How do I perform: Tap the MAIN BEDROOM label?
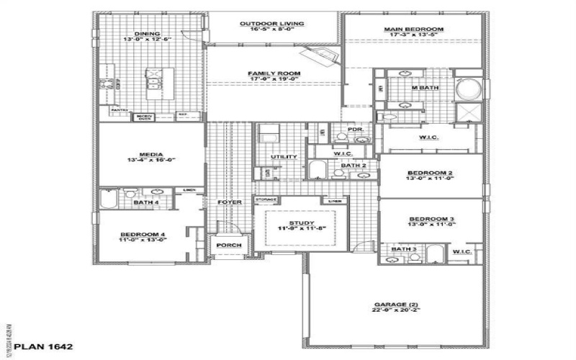pos(414,29)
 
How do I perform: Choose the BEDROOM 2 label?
pos(430,174)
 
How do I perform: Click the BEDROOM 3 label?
pos(431,219)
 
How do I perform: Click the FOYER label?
pos(229,202)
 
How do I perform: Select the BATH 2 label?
pos(354,166)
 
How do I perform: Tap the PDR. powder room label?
pos(354,130)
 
